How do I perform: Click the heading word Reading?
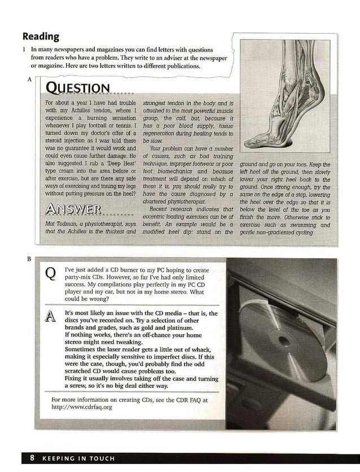pos(41,37)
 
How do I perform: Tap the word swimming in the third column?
pos(304,225)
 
